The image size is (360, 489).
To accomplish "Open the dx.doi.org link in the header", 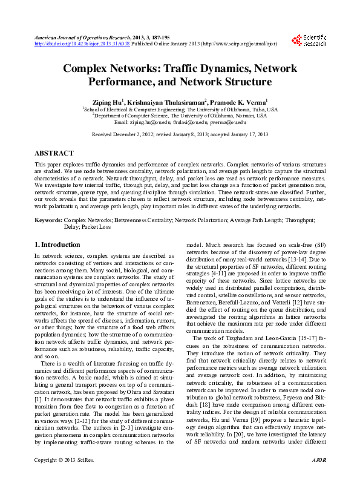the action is tap(82, 44).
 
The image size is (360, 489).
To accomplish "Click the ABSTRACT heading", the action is tap(54, 154).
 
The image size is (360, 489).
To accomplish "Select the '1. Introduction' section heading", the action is tap(57, 245).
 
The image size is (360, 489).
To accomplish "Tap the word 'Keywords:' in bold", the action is tap(48, 221).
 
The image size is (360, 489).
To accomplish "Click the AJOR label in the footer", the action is tap(318, 478).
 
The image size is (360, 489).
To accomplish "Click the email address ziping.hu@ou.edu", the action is tap(153, 122).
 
